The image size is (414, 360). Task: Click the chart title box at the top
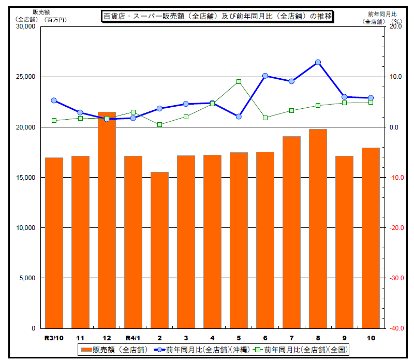pos(217,17)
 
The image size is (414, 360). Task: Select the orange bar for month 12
pos(107,220)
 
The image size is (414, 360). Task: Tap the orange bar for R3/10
pos(54,243)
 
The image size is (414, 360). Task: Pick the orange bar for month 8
pos(318,228)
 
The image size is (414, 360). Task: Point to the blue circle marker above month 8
pos(318,62)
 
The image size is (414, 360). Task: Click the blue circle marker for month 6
pos(265,76)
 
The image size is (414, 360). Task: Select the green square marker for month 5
pos(239,82)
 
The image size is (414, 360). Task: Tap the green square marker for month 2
pos(159,124)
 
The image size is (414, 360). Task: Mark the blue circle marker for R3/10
pos(54,100)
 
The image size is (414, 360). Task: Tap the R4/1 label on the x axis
pos(133,338)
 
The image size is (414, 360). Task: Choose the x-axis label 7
pos(291,338)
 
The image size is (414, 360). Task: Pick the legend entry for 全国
pos(300,350)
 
